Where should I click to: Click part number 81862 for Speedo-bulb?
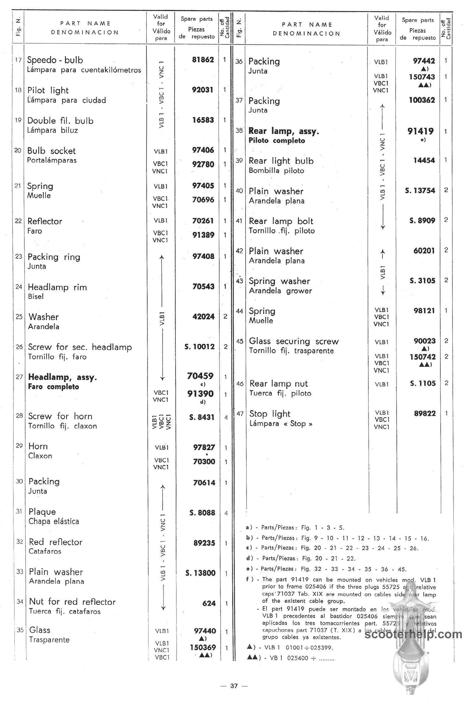pyautogui.click(x=203, y=60)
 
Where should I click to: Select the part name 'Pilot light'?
pyautogui.click(x=48, y=90)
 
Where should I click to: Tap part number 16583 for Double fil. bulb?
pyautogui.click(x=203, y=120)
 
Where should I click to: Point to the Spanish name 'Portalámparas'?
pyautogui.click(x=52, y=160)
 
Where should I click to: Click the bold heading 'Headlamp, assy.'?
pyautogui.click(x=62, y=377)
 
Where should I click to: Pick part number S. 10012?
pyautogui.click(x=200, y=347)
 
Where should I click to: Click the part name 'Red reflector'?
pyautogui.click(x=56, y=542)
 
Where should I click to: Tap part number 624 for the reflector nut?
pyautogui.click(x=209, y=603)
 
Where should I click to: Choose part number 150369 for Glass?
pyautogui.click(x=203, y=647)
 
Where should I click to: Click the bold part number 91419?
pyautogui.click(x=421, y=131)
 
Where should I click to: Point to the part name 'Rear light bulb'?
pyautogui.click(x=281, y=161)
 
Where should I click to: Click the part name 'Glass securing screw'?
pyautogui.click(x=294, y=341)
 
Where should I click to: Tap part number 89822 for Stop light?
pyautogui.click(x=425, y=413)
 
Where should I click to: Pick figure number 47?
pyautogui.click(x=240, y=414)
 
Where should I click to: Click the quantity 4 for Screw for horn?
pyautogui.click(x=226, y=418)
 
